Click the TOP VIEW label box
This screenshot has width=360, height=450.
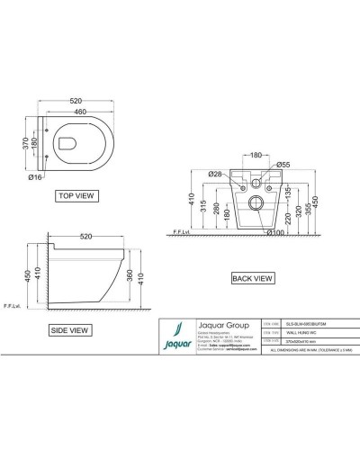pyautogui.click(x=77, y=194)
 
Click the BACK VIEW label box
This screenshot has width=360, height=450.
pyautogui.click(x=250, y=279)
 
